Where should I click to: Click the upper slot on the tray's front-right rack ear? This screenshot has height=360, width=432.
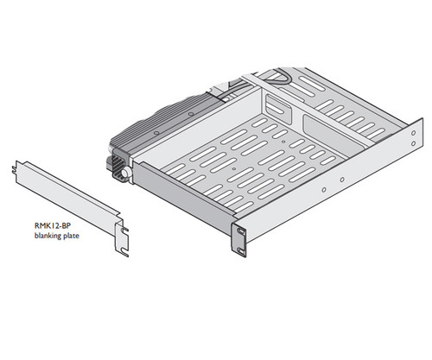239,231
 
